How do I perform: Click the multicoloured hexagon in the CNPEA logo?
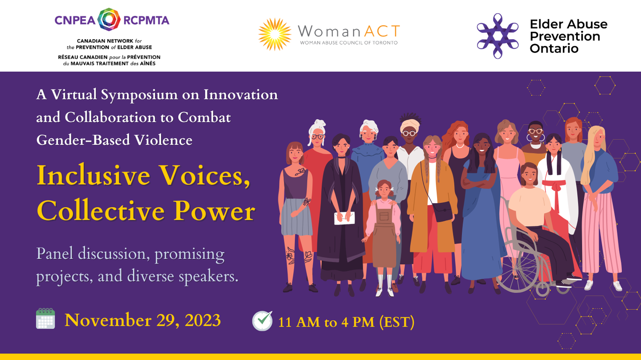click(109, 20)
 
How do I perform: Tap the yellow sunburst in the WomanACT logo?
click(275, 34)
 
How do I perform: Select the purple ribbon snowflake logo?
click(498, 36)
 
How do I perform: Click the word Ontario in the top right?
click(554, 49)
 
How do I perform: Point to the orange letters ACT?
click(382, 31)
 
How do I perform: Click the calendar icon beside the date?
click(45, 319)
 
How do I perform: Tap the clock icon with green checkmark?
click(262, 321)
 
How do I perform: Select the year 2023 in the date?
click(203, 320)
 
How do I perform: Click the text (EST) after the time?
click(397, 322)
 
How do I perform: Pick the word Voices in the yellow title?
click(205, 176)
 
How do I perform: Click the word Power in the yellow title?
click(214, 211)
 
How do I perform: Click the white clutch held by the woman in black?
click(344, 218)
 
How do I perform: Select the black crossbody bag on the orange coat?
click(442, 211)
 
